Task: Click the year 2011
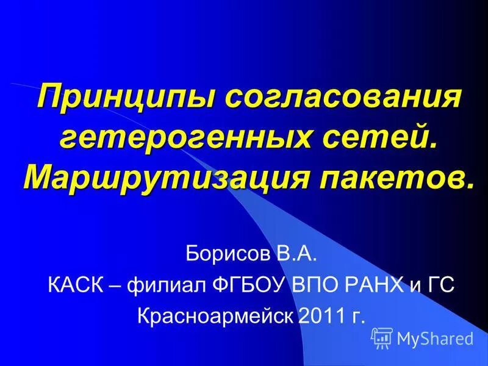point(321,315)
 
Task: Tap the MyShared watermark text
point(435,338)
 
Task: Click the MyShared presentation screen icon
point(382,337)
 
